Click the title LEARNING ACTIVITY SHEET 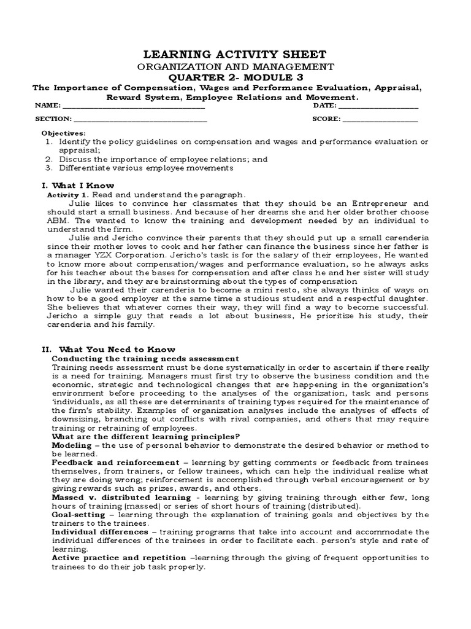click(x=235, y=54)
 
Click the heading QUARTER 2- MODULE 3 click(x=235, y=77)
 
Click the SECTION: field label click(x=53, y=119)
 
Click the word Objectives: click(x=63, y=133)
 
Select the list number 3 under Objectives click(x=48, y=168)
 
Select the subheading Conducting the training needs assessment click(x=145, y=358)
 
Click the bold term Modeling click(x=71, y=444)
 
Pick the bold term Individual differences click(x=99, y=531)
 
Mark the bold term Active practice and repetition click(x=118, y=557)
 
